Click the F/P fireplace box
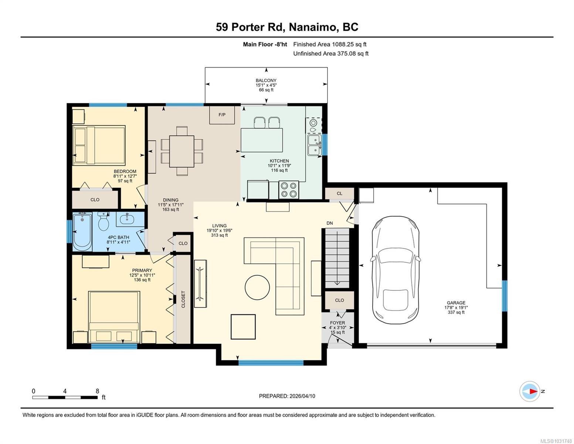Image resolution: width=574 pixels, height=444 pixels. pyautogui.click(x=222, y=115)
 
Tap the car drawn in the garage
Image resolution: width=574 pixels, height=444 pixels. pyautogui.click(x=395, y=270)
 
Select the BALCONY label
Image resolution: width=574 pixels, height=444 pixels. pyautogui.click(x=266, y=80)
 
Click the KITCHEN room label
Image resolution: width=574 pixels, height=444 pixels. pyautogui.click(x=279, y=161)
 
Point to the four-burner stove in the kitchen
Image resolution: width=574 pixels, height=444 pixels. pyautogui.click(x=289, y=190)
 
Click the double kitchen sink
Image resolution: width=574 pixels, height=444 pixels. pyautogui.click(x=314, y=145)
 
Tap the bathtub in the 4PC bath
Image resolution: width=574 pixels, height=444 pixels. pyautogui.click(x=82, y=232)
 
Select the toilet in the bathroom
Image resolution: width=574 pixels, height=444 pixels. pyautogui.click(x=103, y=221)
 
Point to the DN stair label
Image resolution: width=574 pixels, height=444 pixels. pyautogui.click(x=330, y=223)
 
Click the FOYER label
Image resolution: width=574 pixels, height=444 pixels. pyautogui.click(x=337, y=323)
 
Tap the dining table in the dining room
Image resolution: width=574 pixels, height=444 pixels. pyautogui.click(x=182, y=151)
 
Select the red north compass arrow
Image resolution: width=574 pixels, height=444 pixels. pyautogui.click(x=534, y=391)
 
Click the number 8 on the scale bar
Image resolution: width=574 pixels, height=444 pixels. pyautogui.click(x=98, y=391)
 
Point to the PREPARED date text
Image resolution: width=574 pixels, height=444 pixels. pyautogui.click(x=287, y=396)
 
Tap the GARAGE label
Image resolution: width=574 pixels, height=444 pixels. pyautogui.click(x=456, y=303)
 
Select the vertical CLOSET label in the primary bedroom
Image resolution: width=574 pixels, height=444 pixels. pyautogui.click(x=183, y=299)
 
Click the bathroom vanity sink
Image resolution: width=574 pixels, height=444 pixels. pyautogui.click(x=128, y=219)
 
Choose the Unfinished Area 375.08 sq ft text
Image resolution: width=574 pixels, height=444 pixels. pyautogui.click(x=331, y=54)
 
